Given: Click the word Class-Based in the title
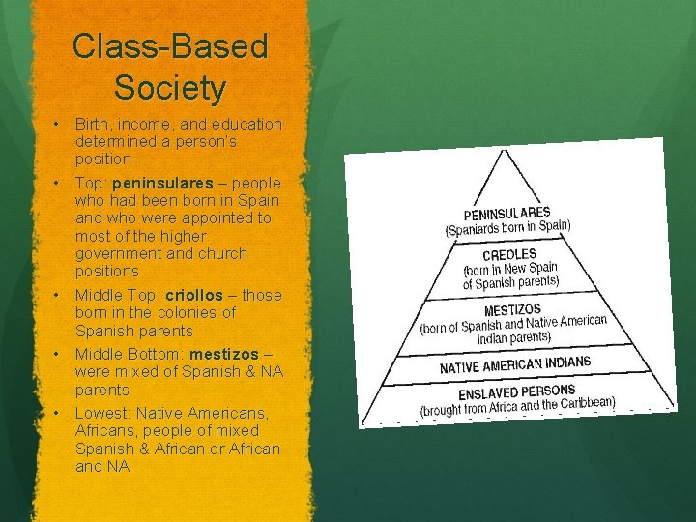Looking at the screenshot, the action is point(170,46).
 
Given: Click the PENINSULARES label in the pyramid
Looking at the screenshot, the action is point(507,214).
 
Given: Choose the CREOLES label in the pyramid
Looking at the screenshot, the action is point(509,255).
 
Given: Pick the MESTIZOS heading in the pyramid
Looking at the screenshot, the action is point(512,310).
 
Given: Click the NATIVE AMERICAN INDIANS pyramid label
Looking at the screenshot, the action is point(515,365).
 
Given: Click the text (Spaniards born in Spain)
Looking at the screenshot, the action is point(507,228).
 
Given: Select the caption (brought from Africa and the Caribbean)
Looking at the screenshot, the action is point(517,406).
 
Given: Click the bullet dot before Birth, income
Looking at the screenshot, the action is point(58,124).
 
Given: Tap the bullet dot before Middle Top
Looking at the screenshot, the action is point(58,295).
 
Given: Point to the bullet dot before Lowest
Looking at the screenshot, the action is point(58,413).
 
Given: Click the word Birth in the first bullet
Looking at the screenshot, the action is point(93,124).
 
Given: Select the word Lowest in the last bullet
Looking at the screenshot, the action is point(101,413).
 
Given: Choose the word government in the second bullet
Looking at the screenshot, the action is point(120,253).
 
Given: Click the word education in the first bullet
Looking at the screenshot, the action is point(248,124).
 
